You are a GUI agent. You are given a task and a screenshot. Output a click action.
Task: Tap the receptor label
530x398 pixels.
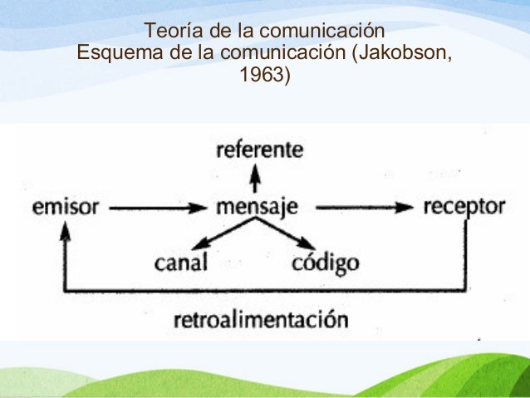464,207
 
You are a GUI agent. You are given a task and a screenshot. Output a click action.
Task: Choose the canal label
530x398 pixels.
182,264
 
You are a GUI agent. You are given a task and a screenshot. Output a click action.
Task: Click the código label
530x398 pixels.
326,264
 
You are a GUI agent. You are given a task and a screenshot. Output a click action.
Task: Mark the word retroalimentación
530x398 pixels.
262,319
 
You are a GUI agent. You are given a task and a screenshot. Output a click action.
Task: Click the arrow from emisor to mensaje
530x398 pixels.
158,208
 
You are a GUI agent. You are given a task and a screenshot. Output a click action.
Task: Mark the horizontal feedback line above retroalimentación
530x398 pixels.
274,292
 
